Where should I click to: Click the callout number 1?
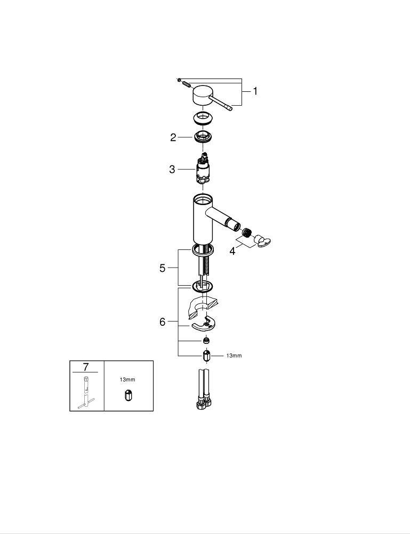pyautogui.click(x=255, y=91)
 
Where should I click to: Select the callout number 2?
pyautogui.click(x=173, y=138)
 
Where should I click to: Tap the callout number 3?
pyautogui.click(x=172, y=169)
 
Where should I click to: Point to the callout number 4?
pyautogui.click(x=232, y=252)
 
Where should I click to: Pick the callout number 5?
pyautogui.click(x=163, y=269)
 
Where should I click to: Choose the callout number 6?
pyautogui.click(x=163, y=322)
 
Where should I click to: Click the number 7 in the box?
pyautogui.click(x=85, y=367)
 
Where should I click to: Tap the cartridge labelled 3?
pyautogui.click(x=203, y=169)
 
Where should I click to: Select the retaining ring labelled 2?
pyautogui.click(x=203, y=137)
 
